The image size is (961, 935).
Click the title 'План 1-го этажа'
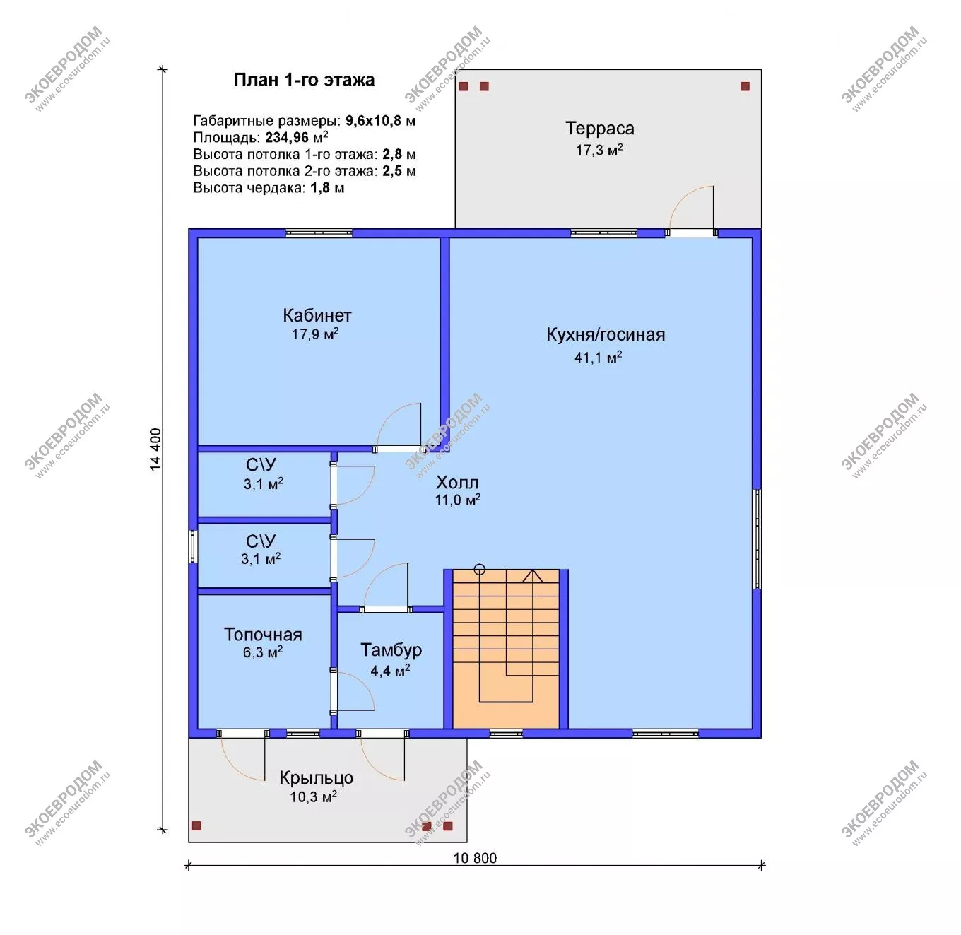point(304,80)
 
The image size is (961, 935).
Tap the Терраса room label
point(599,129)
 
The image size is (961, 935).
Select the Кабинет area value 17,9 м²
point(315,334)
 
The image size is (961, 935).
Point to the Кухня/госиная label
point(606,335)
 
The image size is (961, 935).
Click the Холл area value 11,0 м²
point(457,500)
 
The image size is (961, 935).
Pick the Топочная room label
point(263,635)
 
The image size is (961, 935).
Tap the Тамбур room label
point(391,650)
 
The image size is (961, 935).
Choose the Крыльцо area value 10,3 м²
point(313,796)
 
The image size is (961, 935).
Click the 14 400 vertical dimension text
point(155,449)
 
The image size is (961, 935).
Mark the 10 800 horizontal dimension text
point(475,858)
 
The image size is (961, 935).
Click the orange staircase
point(506,649)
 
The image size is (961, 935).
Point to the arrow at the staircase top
point(532,576)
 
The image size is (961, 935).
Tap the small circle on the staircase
point(479,570)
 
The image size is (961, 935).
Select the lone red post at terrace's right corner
point(745,86)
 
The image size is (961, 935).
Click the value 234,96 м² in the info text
point(296,137)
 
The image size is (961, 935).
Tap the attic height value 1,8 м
point(327,188)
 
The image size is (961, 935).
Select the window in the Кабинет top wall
point(319,233)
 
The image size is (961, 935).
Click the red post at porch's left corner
point(196,825)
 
